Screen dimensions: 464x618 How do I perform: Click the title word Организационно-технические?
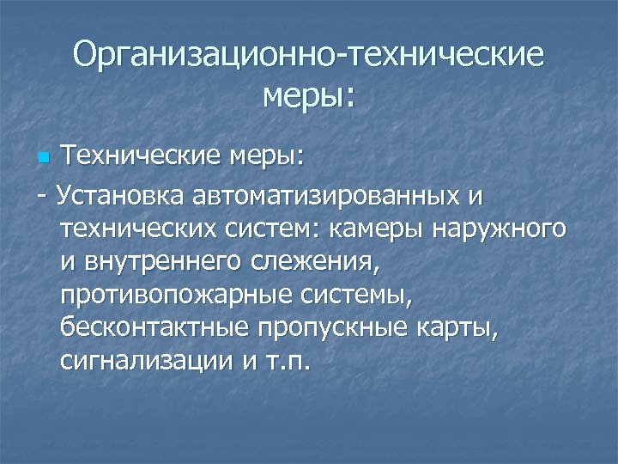click(x=309, y=55)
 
